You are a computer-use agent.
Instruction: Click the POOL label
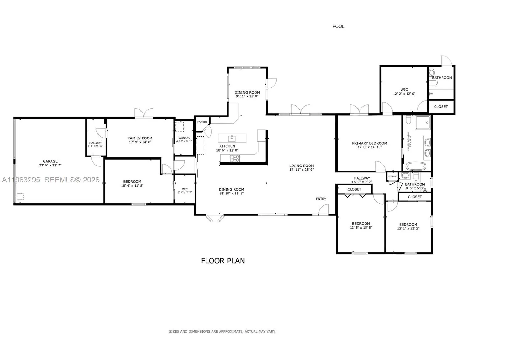pyautogui.click(x=338, y=26)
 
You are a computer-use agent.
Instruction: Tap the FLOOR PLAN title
pyautogui.click(x=223, y=261)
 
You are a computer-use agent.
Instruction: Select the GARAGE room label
pyautogui.click(x=50, y=161)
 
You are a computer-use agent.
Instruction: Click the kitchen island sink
pyautogui.click(x=232, y=138)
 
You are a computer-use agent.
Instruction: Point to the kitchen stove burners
pyautogui.click(x=235, y=158)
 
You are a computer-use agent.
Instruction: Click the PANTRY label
pyautogui.click(x=202, y=122)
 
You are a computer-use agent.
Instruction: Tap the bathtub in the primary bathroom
pyautogui.click(x=416, y=166)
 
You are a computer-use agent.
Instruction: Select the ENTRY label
pyautogui.click(x=321, y=199)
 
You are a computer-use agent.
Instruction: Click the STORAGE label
pyautogui.click(x=392, y=176)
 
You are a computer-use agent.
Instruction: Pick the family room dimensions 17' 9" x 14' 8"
pyautogui.click(x=140, y=142)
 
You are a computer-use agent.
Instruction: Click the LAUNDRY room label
pyautogui.click(x=184, y=138)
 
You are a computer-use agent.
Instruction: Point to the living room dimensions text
pyautogui.click(x=301, y=170)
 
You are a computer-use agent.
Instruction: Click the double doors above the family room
pyautogui.click(x=144, y=113)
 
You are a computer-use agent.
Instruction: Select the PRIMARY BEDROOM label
pyautogui.click(x=369, y=143)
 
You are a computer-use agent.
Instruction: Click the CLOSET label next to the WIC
pyautogui.click(x=441, y=107)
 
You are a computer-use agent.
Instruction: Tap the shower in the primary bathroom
pyautogui.click(x=423, y=123)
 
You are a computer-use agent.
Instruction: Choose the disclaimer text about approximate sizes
pyautogui.click(x=222, y=331)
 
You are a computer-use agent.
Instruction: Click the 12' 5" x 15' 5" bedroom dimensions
pyautogui.click(x=361, y=228)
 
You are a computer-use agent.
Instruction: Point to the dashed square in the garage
pyautogui.click(x=20, y=196)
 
